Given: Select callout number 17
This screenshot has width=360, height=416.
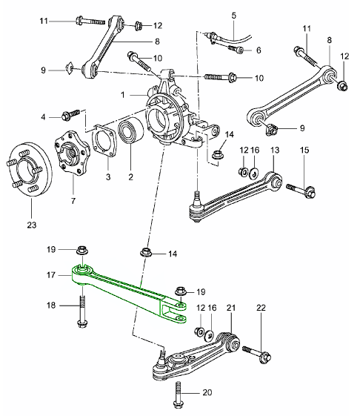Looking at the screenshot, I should [51, 273].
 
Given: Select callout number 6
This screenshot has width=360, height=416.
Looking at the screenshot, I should [258, 50].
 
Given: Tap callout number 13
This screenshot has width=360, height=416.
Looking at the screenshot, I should [274, 151].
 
